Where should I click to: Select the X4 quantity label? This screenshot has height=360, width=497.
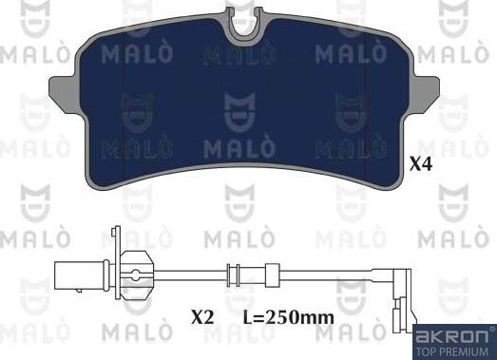(422, 164)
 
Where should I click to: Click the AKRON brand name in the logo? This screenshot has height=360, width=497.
(452, 335)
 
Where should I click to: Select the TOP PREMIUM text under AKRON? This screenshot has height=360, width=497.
(453, 350)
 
